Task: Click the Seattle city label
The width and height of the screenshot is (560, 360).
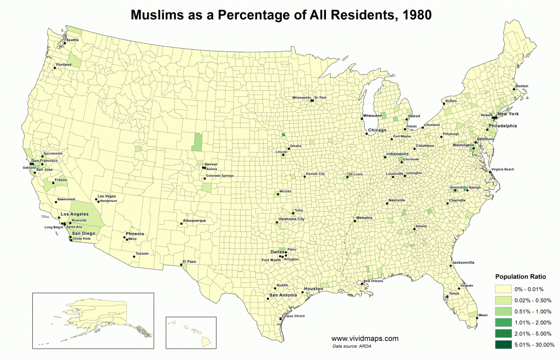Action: [x=72, y=40]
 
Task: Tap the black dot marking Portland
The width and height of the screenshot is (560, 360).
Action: [x=55, y=68]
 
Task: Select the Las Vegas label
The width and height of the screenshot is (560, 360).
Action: [x=106, y=196]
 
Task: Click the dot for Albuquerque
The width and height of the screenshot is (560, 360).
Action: [x=182, y=224]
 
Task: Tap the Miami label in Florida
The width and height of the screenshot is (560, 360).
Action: [x=483, y=316]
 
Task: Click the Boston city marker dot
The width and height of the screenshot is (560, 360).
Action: [x=514, y=89]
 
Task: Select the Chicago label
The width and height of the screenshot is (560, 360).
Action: [x=377, y=130]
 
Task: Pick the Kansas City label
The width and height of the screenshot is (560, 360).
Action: [x=316, y=173]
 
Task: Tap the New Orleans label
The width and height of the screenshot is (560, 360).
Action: [x=374, y=281]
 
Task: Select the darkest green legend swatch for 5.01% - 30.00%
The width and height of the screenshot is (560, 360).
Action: [x=505, y=345]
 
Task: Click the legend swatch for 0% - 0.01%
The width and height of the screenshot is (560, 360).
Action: [x=505, y=289]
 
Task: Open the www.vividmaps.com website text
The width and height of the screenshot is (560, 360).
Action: [x=365, y=339]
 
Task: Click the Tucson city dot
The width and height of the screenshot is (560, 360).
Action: [x=134, y=257]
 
